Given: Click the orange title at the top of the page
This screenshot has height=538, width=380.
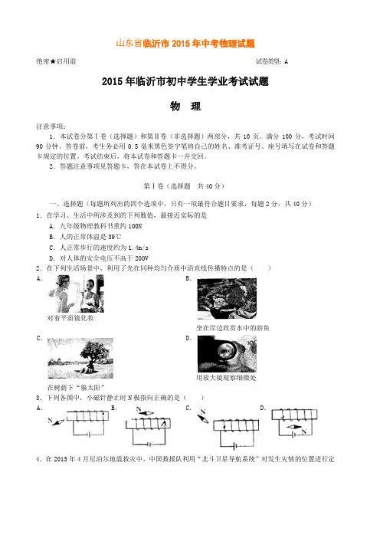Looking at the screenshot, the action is [x=185, y=44].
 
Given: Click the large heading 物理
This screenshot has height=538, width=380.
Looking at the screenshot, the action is [x=185, y=107].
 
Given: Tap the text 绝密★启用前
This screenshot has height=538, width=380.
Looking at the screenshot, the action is [x=56, y=61].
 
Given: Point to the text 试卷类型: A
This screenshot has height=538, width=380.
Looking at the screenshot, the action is [x=272, y=61].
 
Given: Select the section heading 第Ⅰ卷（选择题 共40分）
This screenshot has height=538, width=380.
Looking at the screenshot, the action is [x=184, y=186].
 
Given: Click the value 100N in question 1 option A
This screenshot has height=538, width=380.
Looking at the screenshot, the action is [x=135, y=226].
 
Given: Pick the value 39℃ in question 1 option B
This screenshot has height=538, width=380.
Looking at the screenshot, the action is [x=115, y=237].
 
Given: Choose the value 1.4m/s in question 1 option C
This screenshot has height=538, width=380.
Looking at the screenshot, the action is [x=138, y=248].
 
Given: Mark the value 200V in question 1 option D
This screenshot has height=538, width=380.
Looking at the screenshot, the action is [x=141, y=258].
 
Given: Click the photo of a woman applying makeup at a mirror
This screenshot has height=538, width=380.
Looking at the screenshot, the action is [x=76, y=294].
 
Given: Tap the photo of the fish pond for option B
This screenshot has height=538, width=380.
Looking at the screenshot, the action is [x=227, y=299].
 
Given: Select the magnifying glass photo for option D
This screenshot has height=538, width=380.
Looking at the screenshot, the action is [x=227, y=354].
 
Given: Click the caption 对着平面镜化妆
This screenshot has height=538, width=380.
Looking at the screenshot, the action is [x=70, y=318].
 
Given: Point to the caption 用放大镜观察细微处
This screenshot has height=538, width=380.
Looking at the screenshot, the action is [x=226, y=378].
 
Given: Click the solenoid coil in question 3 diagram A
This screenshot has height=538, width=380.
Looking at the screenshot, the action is [x=87, y=415].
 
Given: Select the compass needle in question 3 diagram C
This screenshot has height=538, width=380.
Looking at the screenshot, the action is [x=202, y=419].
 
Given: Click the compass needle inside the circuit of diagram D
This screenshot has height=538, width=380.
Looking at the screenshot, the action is [x=294, y=427].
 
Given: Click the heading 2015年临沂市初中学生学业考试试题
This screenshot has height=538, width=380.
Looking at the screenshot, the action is [x=185, y=81].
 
